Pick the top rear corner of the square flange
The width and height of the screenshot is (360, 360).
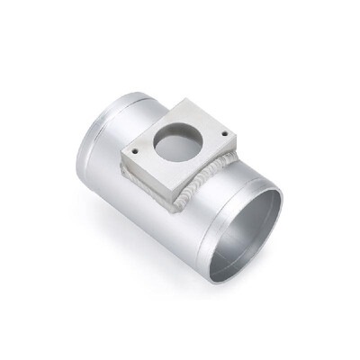pyautogui.click(x=184, y=100)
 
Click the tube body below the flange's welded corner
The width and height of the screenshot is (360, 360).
pyautogui.click(x=180, y=225)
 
